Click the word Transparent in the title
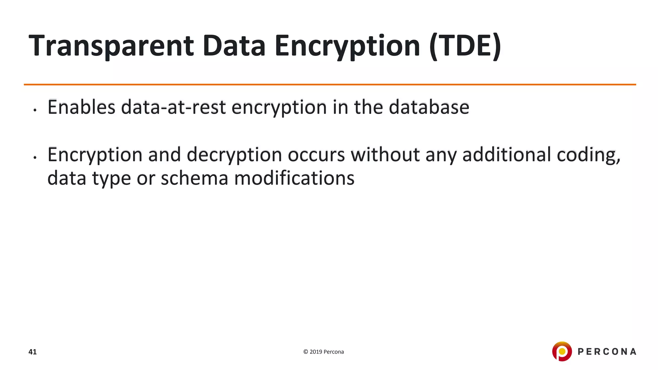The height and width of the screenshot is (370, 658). coord(111,46)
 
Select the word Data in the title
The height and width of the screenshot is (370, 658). coord(234,46)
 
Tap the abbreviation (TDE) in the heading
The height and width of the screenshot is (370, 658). coord(465,46)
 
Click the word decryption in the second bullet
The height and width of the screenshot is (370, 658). coord(234,155)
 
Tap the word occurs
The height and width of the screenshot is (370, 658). coord(316,155)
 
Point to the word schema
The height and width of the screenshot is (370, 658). coord(194,178)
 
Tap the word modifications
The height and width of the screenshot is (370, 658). coord(294,178)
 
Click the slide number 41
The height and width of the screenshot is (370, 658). coord(32,352)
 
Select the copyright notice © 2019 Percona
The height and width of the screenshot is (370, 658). coord(323,352)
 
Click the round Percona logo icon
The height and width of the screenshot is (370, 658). coord(562,351)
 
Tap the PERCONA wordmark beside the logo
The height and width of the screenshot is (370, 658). coord(607,352)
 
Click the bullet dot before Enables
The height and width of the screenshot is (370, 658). coord(35,110)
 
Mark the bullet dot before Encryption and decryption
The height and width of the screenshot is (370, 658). coord(35,158)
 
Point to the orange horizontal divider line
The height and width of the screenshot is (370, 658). coord(330,84)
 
